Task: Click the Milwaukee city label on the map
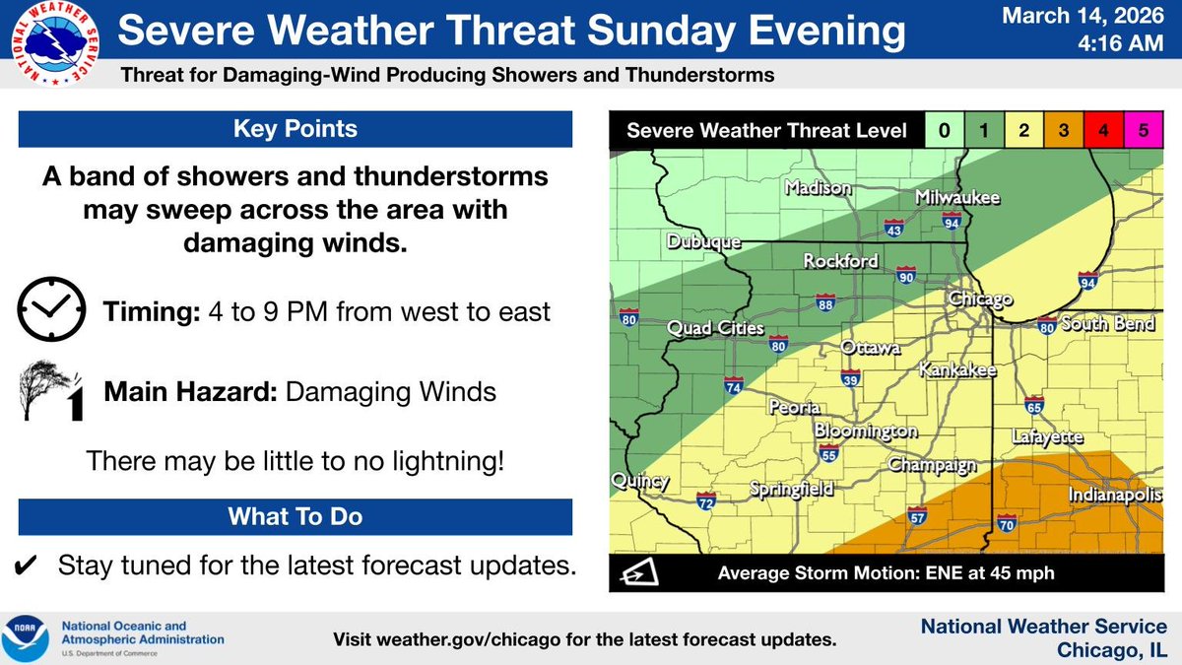(957, 198)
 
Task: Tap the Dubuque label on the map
(702, 241)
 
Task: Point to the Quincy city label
(639, 482)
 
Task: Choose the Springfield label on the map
(792, 489)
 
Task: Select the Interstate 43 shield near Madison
(893, 228)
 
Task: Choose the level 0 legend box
(945, 131)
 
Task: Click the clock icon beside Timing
(50, 312)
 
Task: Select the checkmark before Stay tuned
(27, 565)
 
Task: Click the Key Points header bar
(295, 129)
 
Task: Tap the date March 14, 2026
(1088, 17)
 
